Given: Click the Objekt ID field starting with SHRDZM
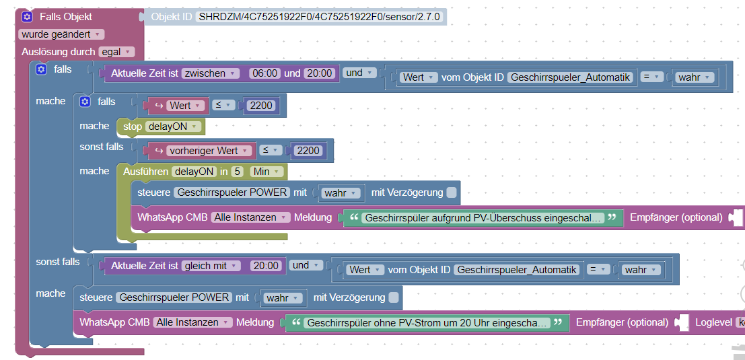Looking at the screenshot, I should click(x=320, y=17).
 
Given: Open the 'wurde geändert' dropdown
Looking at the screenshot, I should click(x=61, y=34).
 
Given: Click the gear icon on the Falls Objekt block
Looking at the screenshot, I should click(x=27, y=17).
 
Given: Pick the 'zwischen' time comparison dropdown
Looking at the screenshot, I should click(x=211, y=73).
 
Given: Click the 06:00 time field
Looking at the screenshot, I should click(x=264, y=73).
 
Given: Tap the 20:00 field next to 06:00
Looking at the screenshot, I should click(x=319, y=73).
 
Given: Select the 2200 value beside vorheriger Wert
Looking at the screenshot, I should click(x=308, y=151).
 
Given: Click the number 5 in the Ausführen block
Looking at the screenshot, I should click(x=238, y=172).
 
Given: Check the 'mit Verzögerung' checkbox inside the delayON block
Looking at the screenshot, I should click(x=451, y=192).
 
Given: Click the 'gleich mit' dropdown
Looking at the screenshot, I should click(x=210, y=266).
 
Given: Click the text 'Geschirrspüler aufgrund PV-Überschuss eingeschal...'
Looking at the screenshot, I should click(x=483, y=218).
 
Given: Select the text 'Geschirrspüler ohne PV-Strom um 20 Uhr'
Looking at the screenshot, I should click(x=427, y=323).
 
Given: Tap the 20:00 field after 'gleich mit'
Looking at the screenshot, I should click(x=265, y=266).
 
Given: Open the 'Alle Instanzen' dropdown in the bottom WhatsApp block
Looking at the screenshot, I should click(x=192, y=323).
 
